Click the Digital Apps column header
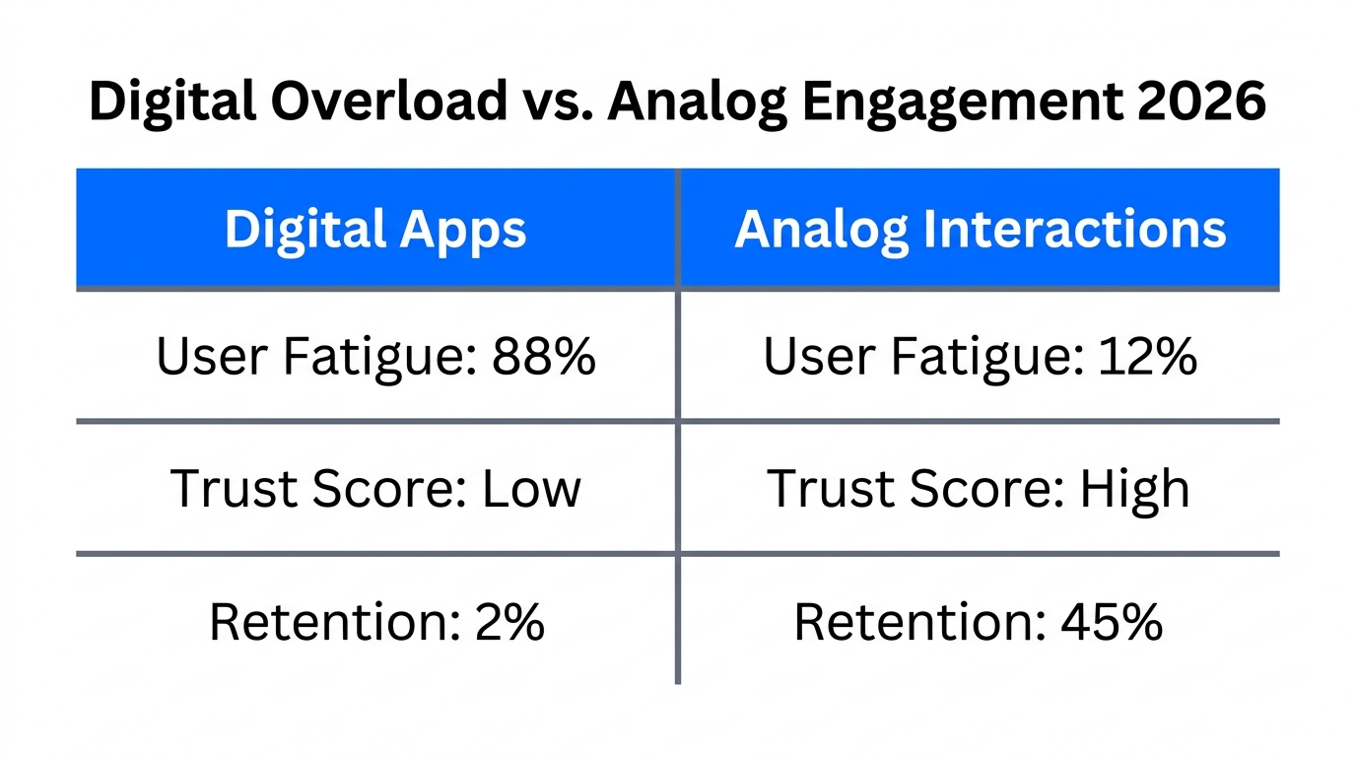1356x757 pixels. [x=375, y=230]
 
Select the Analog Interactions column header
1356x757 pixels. [x=980, y=230]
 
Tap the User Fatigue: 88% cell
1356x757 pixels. [x=375, y=356]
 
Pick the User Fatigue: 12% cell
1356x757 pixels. [x=980, y=356]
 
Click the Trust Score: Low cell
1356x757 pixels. [x=375, y=488]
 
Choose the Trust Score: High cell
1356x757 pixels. [x=980, y=488]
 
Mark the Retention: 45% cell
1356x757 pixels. [x=980, y=622]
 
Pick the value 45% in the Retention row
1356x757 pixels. [x=1112, y=622]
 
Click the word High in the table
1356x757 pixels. [x=1134, y=488]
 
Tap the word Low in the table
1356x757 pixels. [x=531, y=488]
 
